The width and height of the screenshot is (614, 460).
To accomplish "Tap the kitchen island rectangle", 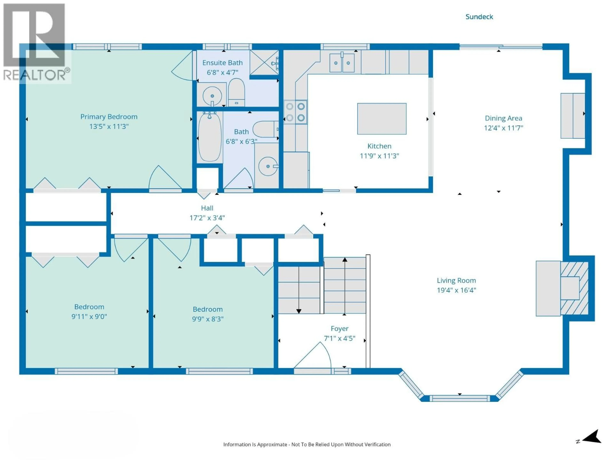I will click(382, 119).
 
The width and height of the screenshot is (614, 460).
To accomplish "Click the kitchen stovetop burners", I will click(295, 112).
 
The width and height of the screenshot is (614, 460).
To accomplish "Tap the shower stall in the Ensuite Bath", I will click(264, 63).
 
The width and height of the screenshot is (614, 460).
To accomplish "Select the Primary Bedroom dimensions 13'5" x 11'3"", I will click(109, 126).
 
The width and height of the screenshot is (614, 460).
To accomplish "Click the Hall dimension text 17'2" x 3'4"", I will click(207, 218).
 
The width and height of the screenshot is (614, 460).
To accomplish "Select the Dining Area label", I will click(503, 118).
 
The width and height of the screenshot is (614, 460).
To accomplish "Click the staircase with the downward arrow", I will click(299, 290).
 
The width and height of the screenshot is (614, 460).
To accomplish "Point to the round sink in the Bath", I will click(268, 166).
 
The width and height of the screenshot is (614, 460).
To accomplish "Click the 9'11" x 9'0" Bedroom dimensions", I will click(89, 316).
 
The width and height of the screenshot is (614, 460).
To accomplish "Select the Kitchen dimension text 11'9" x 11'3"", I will click(379, 156).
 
